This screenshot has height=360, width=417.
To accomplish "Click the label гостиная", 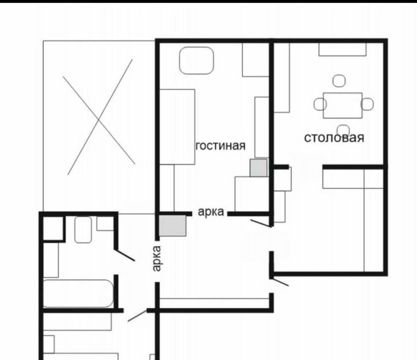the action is [x=220, y=146].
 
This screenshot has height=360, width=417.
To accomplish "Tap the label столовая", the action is [x=334, y=138].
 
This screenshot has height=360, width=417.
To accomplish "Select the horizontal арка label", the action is [x=211, y=212].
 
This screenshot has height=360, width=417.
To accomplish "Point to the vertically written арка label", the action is [x=157, y=258].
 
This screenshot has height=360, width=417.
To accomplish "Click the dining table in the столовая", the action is [x=343, y=106].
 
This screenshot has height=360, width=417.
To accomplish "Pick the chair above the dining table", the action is [x=339, y=81].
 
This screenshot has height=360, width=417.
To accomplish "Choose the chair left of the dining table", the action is [x=320, y=104].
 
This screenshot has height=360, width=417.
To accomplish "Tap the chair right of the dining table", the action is [x=367, y=104].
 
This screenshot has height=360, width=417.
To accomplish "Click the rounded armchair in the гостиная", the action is [x=197, y=61].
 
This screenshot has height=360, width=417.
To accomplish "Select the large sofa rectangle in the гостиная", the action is [x=177, y=127].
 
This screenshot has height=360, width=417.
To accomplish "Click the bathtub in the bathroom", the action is [x=78, y=293].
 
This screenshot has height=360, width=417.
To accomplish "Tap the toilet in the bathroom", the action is [x=83, y=230].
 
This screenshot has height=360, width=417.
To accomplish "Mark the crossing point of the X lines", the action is [x=99, y=120].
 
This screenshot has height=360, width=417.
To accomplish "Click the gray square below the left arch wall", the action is [x=173, y=226].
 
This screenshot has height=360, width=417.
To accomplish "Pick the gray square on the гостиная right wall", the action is [x=258, y=168].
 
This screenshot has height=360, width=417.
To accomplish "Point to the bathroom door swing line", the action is [x=125, y=255].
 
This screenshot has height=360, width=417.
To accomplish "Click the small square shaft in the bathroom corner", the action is [x=53, y=228].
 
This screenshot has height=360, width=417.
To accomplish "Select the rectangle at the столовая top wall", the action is [x=343, y=49].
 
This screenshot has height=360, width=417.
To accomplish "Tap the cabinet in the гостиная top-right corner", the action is [x=255, y=60].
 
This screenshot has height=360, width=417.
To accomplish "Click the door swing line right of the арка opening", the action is [x=261, y=223].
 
